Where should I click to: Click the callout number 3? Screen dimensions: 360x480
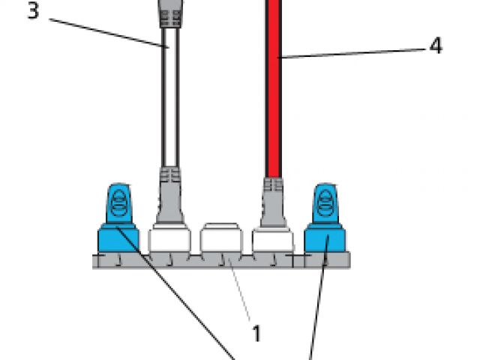(x=32, y=12)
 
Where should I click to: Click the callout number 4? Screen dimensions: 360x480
(x=435, y=46)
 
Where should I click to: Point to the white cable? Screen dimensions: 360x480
(x=172, y=97)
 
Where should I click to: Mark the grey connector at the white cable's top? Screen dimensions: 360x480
(x=169, y=13)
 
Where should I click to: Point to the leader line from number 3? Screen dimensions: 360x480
(x=105, y=31)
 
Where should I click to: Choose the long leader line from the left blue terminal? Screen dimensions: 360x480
(x=180, y=300)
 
